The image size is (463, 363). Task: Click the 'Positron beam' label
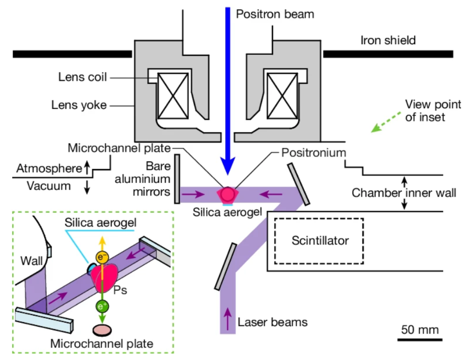(x=274, y=14)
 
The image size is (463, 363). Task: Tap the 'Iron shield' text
(x=388, y=40)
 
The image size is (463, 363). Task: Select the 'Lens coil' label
(x=79, y=78)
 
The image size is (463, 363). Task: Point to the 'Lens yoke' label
(x=79, y=106)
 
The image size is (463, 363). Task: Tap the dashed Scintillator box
(x=319, y=240)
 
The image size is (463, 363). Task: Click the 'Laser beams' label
(x=272, y=321)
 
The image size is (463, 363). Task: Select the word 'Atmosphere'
(x=48, y=168)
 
